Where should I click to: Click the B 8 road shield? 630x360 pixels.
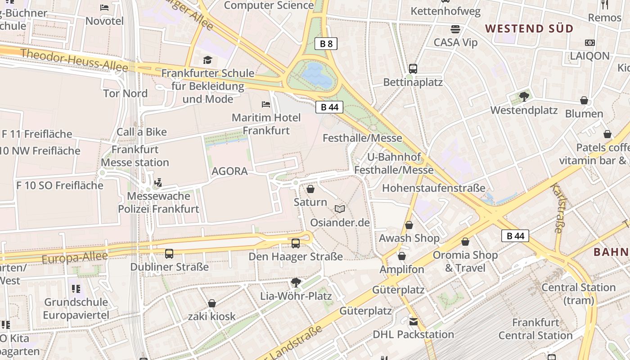pos(326,44)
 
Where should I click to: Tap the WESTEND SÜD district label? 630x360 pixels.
pos(529,29)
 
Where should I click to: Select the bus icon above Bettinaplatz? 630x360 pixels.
pos(413,69)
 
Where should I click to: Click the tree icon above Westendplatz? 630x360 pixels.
pos(524,96)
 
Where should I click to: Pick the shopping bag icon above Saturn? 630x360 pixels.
pos(310,189)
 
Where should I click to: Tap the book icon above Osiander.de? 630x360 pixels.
pos(340,209)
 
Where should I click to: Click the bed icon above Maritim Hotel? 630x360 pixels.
pos(266,104)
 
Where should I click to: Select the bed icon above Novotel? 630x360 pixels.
pos(104,7)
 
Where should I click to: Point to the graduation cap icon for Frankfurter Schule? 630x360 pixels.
pos(207,60)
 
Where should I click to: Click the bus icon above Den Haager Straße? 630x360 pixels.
pos(296,243)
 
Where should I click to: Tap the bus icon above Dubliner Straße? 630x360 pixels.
pos(169,254)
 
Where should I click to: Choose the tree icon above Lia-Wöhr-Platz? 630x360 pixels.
pos(296,283)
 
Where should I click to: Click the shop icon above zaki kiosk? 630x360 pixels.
pos(211,303)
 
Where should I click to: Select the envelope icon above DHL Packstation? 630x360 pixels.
pos(413,322)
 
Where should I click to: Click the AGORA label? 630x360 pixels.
pos(229,171)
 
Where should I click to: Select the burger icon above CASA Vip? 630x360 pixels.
pos(455,29)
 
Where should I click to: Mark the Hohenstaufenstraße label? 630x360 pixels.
pos(434,188)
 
